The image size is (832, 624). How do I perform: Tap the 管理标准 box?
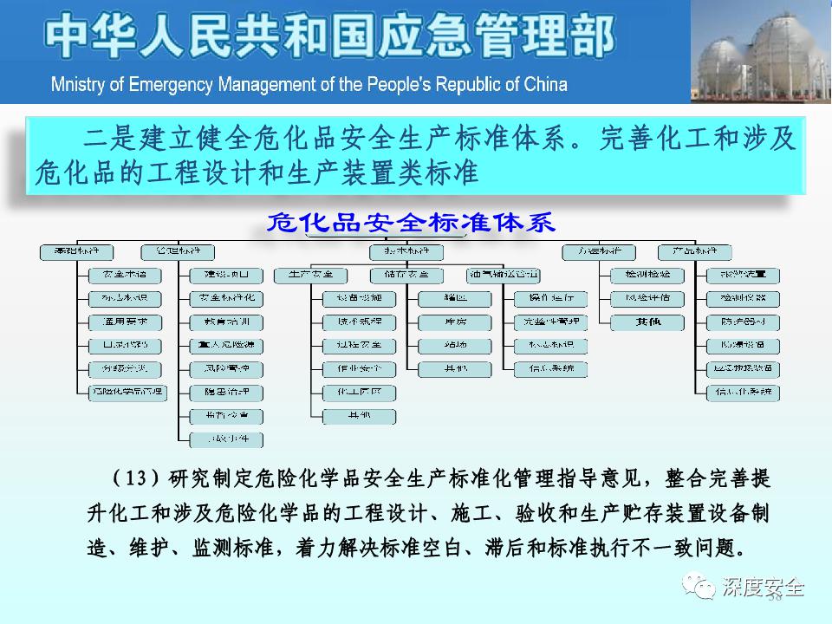coord(177,252)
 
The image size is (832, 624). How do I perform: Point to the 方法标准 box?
coord(598,252)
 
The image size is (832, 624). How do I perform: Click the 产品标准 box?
coord(694,252)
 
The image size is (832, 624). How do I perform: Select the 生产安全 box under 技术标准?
coord(310,276)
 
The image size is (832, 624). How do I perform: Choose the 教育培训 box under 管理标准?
coord(226,322)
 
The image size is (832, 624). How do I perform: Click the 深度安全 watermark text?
coord(763,588)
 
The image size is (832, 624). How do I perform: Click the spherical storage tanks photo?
coord(761,51)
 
